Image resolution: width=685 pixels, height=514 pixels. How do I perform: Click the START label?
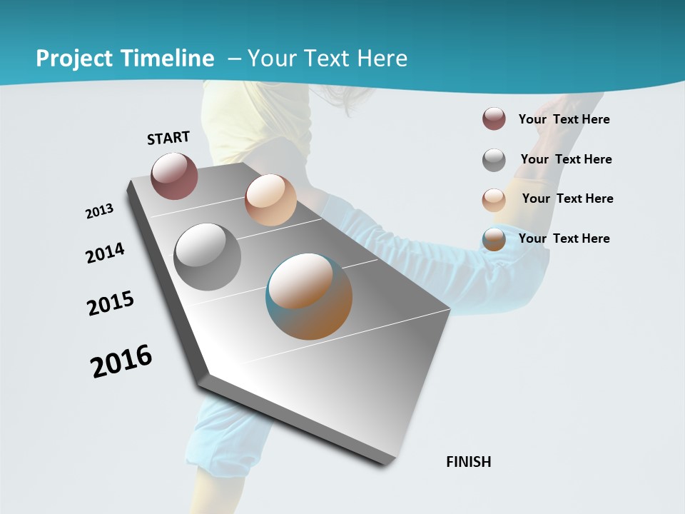pos(168,138)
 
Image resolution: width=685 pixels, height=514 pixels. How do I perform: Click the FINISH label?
pos(468,462)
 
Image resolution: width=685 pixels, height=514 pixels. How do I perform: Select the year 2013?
pos(99,211)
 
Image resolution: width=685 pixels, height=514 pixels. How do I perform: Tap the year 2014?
pos(105,253)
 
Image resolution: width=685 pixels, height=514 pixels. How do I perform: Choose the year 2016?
pos(121,361)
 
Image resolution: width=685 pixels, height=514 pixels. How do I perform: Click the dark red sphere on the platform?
pos(174,176)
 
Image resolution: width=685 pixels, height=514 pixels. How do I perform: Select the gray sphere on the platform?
pos(207,257)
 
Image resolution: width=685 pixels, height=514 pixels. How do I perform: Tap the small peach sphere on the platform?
pos(270,200)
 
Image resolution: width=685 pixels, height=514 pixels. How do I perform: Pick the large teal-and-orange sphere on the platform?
pos(309,296)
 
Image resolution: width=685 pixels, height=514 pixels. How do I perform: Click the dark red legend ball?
pos(494,119)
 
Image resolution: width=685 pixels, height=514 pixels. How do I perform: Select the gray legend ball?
pos(494,160)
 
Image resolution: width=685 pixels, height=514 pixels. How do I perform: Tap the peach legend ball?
pos(494,199)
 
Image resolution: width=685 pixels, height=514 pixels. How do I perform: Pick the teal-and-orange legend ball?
pos(494,239)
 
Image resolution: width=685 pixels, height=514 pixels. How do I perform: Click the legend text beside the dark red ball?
pos(564,120)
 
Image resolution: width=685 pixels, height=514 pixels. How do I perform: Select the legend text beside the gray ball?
pos(566,159)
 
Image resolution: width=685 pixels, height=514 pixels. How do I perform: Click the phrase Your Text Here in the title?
pos(328,59)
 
